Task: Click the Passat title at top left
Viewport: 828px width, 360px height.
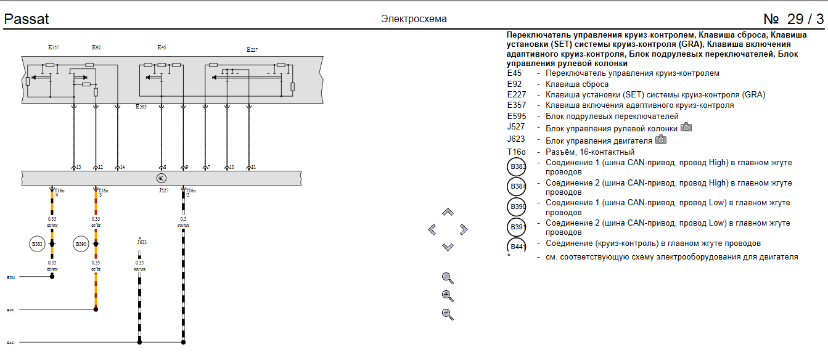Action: point(27,19)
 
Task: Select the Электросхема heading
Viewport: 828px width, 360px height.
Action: point(414,19)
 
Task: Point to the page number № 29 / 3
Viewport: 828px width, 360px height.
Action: point(793,19)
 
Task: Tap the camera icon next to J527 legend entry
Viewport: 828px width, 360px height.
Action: point(686,128)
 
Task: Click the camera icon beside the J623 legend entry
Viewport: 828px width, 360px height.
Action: point(661,139)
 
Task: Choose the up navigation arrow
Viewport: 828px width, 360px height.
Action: point(448,212)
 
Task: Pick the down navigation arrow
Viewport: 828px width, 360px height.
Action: point(448,247)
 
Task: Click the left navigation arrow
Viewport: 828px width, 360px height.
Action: point(432,230)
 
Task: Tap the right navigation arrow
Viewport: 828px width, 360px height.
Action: point(464,230)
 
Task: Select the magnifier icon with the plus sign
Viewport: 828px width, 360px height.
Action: point(448,296)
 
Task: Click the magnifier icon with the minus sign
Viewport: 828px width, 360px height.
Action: point(448,314)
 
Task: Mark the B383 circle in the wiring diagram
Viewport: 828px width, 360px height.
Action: point(37,244)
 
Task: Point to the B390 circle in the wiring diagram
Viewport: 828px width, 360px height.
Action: point(81,244)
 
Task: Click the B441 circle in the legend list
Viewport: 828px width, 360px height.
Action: point(516,247)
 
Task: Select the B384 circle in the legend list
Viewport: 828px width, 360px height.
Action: point(516,186)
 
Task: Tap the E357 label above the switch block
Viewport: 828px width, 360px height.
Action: point(54,47)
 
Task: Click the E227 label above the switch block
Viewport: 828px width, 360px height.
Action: point(252,50)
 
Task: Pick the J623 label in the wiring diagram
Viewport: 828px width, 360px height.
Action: point(141,242)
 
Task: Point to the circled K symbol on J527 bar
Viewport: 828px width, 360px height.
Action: point(161,178)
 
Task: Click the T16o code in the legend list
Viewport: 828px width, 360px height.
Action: point(516,152)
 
